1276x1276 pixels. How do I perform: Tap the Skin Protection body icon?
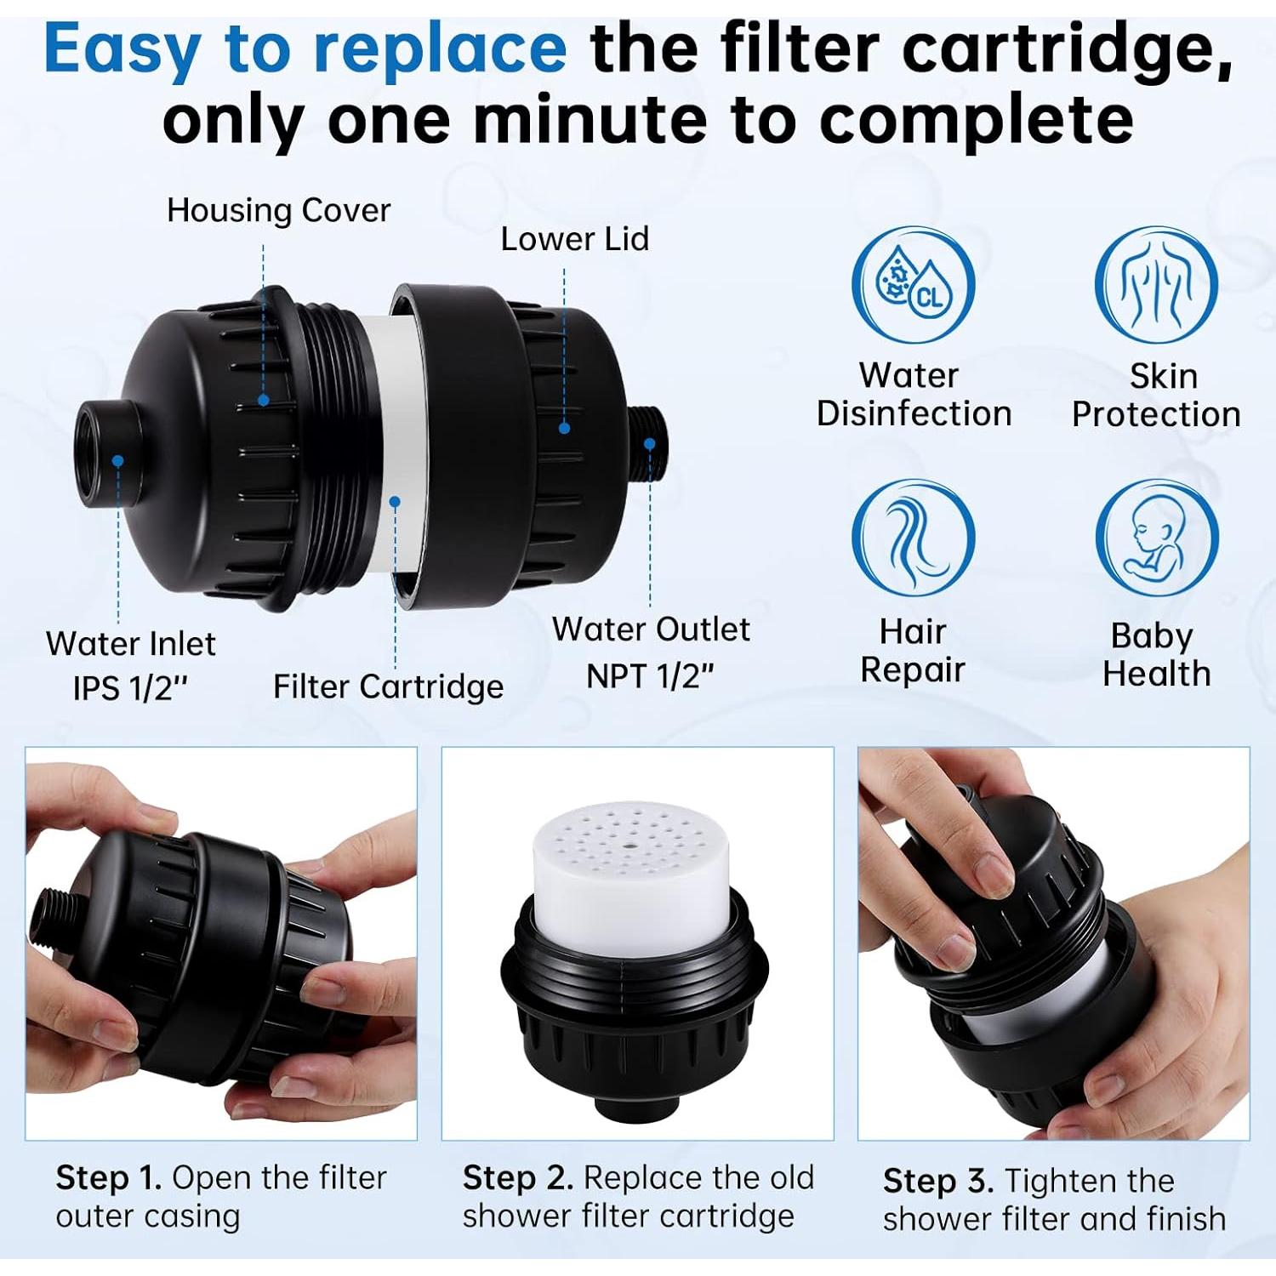coord(1156,284)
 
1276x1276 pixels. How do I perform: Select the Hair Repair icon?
coord(913,537)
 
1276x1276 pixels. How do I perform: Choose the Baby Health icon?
coord(1156,538)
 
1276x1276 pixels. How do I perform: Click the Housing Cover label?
coord(278,210)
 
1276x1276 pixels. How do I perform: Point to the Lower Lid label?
coord(574,239)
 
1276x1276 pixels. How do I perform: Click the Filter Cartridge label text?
coord(388,686)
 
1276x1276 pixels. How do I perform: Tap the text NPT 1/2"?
coord(650,676)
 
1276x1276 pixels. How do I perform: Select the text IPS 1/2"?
coord(129,687)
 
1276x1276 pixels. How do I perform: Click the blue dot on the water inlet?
coord(118,461)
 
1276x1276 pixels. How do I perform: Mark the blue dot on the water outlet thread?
coord(649,443)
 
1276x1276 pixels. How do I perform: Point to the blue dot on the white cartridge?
coord(395,502)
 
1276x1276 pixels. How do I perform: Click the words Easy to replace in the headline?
coord(305,48)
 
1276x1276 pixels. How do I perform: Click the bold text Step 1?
coord(108,1178)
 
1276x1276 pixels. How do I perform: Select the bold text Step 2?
coord(517,1178)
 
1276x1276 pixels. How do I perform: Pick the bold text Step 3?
coord(937,1181)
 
